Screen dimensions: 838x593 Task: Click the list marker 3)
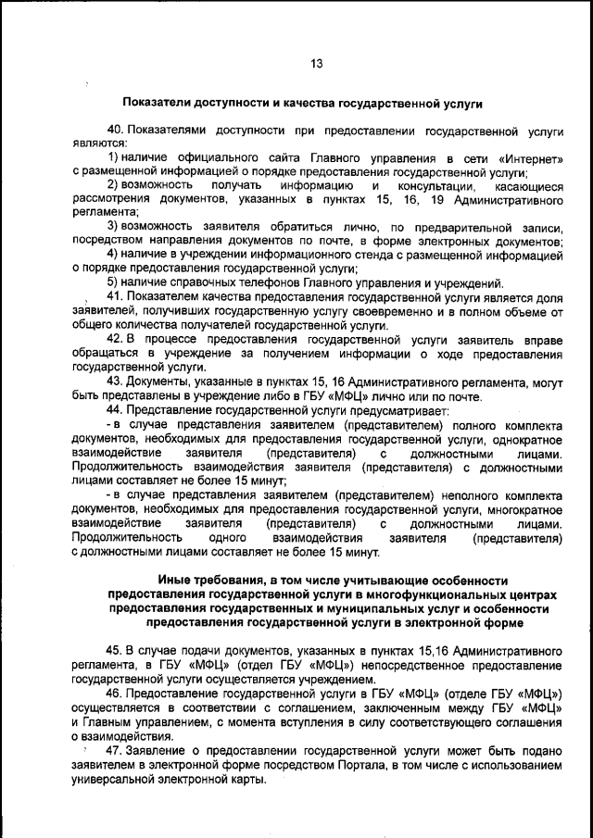(113, 226)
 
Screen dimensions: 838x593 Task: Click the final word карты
(247, 780)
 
